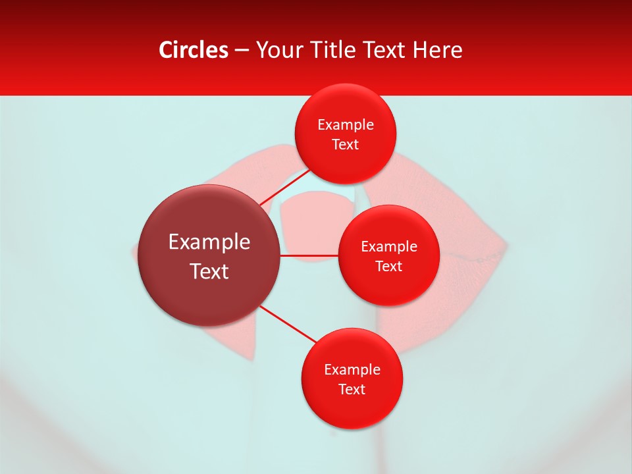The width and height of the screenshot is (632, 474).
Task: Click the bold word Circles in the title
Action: [x=194, y=50]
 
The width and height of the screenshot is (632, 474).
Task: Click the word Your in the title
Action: [x=276, y=50]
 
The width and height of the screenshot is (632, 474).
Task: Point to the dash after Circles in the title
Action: [x=242, y=51]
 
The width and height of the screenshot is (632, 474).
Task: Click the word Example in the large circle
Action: [x=209, y=242]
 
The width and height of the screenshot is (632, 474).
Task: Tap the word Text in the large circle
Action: [x=209, y=271]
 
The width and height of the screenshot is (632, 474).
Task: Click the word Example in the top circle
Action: [x=346, y=125]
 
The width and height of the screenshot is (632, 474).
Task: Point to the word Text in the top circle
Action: [x=346, y=145]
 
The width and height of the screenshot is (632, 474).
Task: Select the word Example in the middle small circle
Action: [x=389, y=247]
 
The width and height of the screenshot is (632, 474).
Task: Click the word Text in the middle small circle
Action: [x=389, y=267]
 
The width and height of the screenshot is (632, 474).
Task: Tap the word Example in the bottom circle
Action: [x=352, y=370]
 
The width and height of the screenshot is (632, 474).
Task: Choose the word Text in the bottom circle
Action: [x=352, y=390]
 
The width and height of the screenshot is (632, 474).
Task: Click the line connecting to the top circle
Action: [x=284, y=189]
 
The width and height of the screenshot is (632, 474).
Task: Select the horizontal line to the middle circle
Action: [x=309, y=255]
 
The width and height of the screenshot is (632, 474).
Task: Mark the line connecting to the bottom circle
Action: [x=290, y=325]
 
